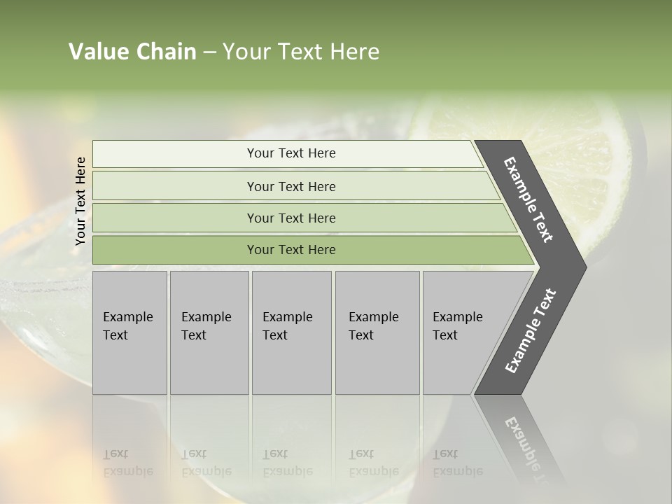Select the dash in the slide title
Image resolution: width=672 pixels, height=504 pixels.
tap(209, 52)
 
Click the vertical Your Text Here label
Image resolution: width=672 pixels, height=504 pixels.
tap(80, 201)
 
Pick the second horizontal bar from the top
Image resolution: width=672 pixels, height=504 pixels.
tap(290, 186)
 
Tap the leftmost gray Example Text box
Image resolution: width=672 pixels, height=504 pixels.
tap(129, 332)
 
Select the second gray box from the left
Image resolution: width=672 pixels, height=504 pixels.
tap(209, 332)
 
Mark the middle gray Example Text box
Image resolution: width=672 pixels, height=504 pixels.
tap(291, 332)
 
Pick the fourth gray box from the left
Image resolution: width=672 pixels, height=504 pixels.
tap(377, 332)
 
